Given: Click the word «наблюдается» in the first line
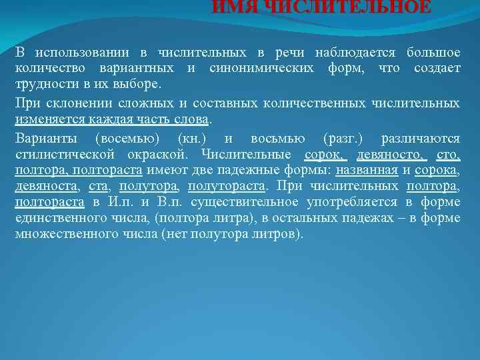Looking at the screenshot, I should click(x=355, y=52).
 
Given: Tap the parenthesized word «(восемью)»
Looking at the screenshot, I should click(x=132, y=139).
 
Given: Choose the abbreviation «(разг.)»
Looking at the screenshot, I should click(x=343, y=139).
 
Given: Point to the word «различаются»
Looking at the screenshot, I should click(x=420, y=139).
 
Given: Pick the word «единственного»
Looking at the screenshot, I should click(x=59, y=218).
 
